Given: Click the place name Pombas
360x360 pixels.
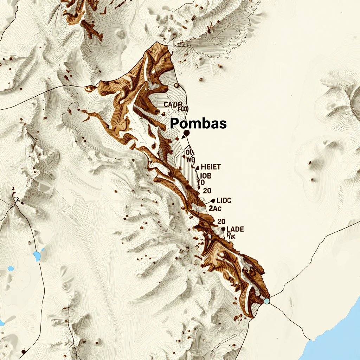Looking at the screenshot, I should click(198, 123).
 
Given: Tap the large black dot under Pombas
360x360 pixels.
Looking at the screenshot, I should click(186, 133).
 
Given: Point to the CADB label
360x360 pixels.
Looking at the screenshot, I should click(173, 104).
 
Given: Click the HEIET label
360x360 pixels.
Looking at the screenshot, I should click(210, 167).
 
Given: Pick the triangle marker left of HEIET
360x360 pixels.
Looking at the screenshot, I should click(197, 168).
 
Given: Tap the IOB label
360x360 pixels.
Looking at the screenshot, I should click(205, 176).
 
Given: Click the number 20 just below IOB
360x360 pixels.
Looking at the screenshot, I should click(207, 191).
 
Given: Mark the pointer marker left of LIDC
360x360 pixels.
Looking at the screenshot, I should click(213, 201).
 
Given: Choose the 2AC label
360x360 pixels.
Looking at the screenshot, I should click(215, 208).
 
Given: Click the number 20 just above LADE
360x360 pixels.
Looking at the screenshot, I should click(221, 221).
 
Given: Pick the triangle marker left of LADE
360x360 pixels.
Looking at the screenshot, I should click(223, 229).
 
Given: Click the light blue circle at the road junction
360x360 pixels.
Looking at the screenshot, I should click(267, 301).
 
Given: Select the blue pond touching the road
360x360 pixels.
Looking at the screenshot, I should click(37, 256).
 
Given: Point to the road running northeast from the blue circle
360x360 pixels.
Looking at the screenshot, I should click(316, 250).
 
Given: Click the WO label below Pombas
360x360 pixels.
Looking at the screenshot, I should click(191, 160).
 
